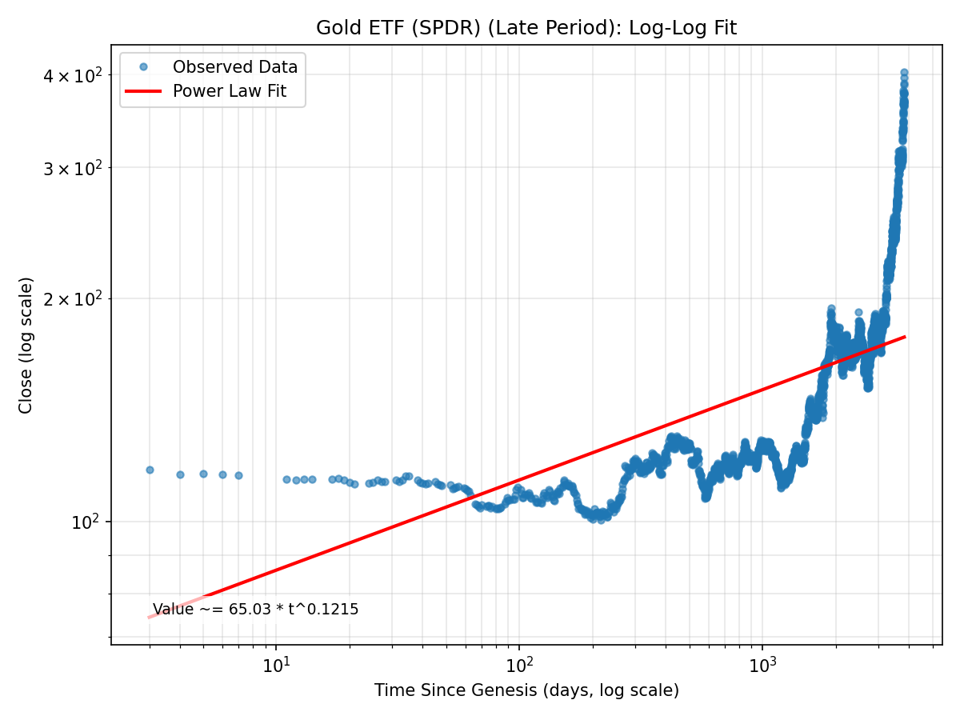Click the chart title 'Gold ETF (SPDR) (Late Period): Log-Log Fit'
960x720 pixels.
[x=526, y=28]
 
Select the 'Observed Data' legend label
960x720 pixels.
[x=234, y=67]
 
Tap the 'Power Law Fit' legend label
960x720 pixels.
[x=229, y=92]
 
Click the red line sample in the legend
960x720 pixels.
[x=143, y=92]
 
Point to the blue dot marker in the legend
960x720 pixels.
[x=143, y=67]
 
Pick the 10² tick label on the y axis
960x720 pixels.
[x=86, y=522]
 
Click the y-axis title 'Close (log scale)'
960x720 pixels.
[x=26, y=345]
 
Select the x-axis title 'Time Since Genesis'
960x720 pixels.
[x=526, y=690]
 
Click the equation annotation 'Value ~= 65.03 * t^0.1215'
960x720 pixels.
[x=255, y=610]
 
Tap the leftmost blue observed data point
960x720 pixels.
[x=150, y=470]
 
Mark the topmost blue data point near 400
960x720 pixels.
[x=904, y=73]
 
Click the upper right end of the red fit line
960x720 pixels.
[x=905, y=337]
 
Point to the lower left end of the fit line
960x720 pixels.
[x=150, y=617]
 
